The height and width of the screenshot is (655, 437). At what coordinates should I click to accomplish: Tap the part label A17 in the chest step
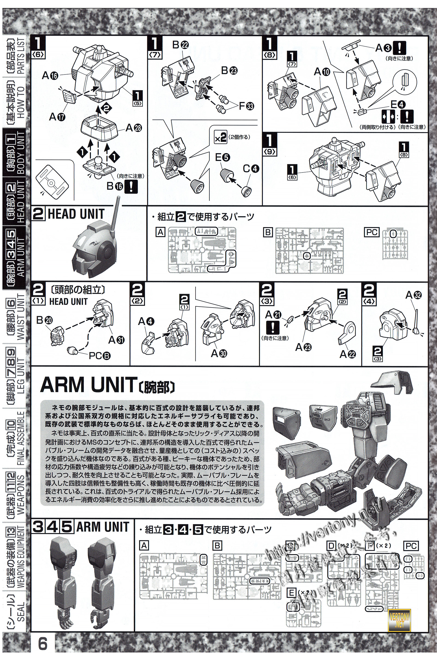click(x=57, y=117)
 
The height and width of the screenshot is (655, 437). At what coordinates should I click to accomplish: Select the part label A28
click(x=133, y=128)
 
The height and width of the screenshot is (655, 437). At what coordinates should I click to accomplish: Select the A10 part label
click(x=322, y=72)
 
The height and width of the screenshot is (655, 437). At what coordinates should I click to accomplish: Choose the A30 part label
click(x=219, y=353)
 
